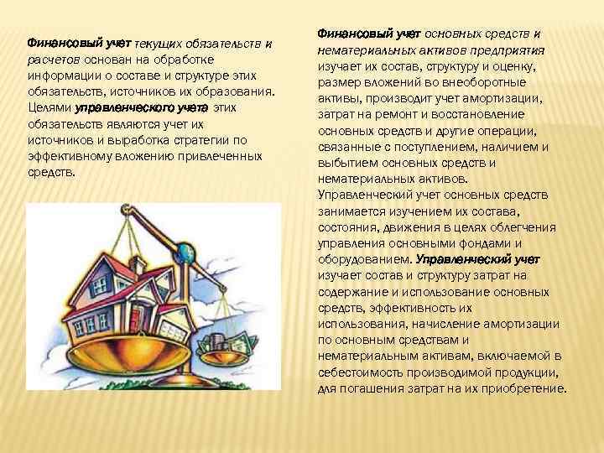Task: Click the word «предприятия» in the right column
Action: [x=515, y=50]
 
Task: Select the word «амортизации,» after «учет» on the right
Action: [x=507, y=98]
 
